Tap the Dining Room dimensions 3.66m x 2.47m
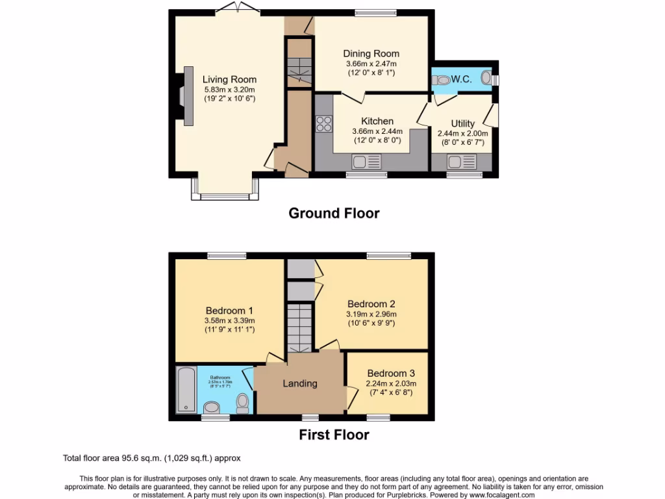tap(371, 64)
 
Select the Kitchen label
tap(377, 121)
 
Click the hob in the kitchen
tap(323, 123)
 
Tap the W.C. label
tap(461, 79)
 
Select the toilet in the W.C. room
tap(443, 81)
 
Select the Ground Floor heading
tap(334, 213)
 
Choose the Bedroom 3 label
tap(390, 374)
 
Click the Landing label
tap(299, 383)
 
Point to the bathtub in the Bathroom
tap(186, 390)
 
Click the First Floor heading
tap(334, 435)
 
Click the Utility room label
tap(462, 123)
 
